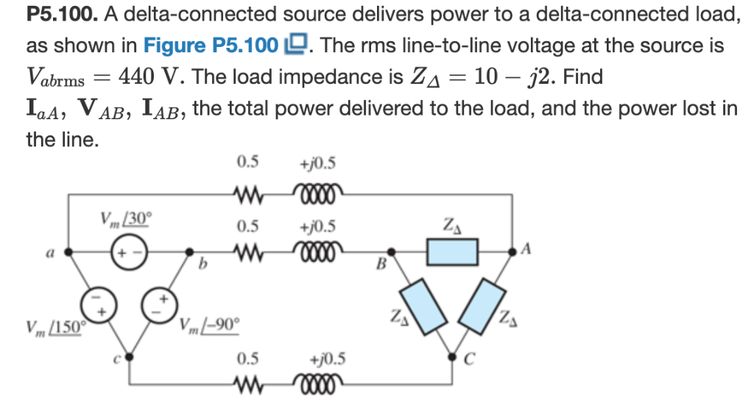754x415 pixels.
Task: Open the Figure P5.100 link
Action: pos(211,46)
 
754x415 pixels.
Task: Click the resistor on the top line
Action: pos(247,195)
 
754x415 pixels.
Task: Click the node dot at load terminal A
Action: pos(512,252)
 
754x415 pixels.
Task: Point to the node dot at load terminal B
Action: pos(390,252)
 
